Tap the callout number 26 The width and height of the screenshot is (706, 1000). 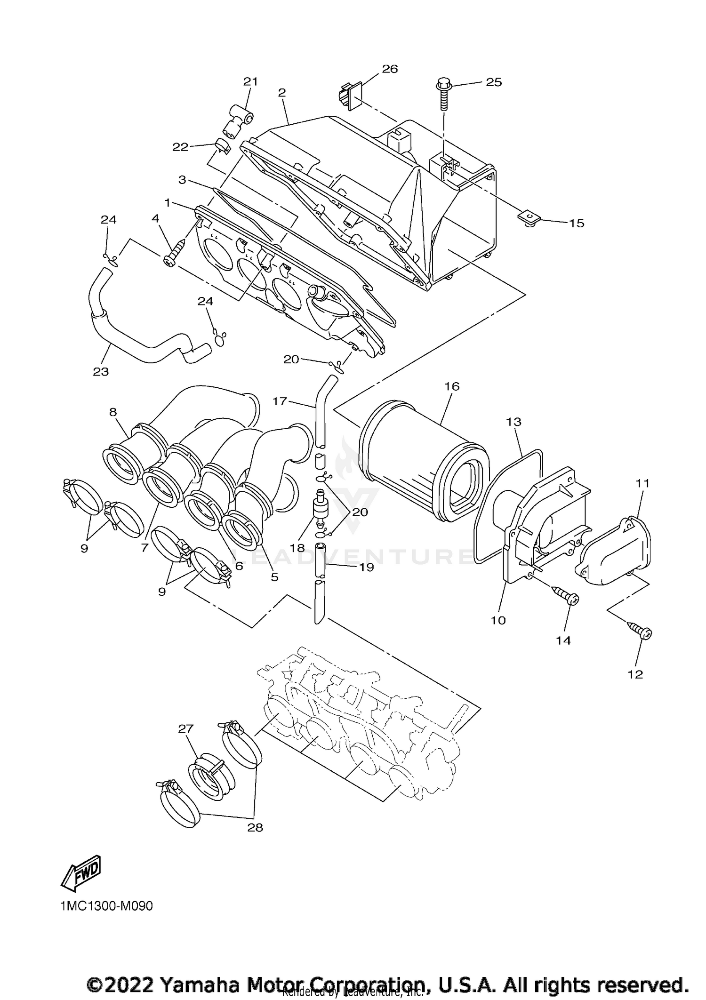(x=390, y=69)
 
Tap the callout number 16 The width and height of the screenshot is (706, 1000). (x=452, y=386)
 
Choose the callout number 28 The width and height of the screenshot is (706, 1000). (x=255, y=840)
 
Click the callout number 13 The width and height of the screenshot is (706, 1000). (x=514, y=422)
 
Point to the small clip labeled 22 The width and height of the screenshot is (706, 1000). (x=223, y=146)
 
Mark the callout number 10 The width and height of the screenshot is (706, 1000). (x=498, y=620)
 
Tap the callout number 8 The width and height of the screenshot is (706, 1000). (x=113, y=412)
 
